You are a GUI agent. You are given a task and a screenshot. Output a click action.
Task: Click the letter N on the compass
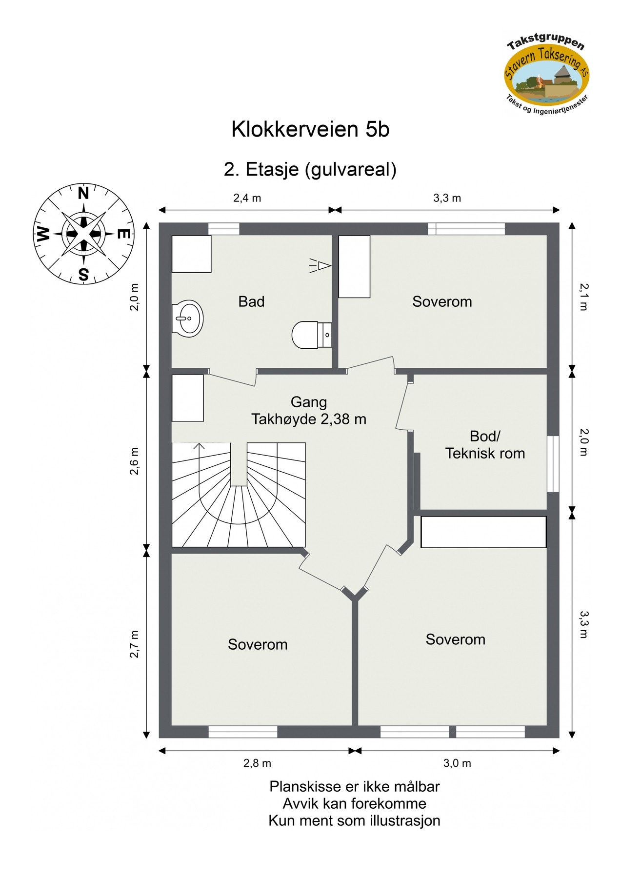coord(83,194)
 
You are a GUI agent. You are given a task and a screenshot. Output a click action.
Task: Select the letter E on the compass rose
coord(124,234)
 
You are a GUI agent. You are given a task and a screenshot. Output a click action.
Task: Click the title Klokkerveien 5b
coord(310,130)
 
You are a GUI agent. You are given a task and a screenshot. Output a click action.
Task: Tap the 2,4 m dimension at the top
coord(247,198)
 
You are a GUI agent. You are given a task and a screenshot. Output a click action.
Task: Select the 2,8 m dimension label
coord(257,763)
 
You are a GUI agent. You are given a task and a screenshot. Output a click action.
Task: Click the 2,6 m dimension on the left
coord(135,460)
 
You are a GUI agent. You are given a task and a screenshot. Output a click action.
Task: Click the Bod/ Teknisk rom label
coord(484,444)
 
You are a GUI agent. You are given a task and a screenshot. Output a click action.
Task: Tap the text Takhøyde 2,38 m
coord(308,419)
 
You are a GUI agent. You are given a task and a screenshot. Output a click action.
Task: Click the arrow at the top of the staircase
coord(199,446)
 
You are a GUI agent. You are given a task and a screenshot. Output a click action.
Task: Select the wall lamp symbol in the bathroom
coord(322,265)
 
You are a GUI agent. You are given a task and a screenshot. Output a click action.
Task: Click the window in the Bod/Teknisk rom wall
coord(552,463)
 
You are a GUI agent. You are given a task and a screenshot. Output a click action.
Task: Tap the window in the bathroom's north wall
coord(224,229)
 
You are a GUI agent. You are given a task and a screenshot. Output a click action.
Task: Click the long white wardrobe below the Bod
coord(483,532)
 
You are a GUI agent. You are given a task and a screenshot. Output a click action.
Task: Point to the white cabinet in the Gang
coord(188,398)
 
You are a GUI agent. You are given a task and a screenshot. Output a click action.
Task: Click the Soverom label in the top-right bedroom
coord(442,302)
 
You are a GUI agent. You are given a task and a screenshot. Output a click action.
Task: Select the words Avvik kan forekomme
coord(354,803)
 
